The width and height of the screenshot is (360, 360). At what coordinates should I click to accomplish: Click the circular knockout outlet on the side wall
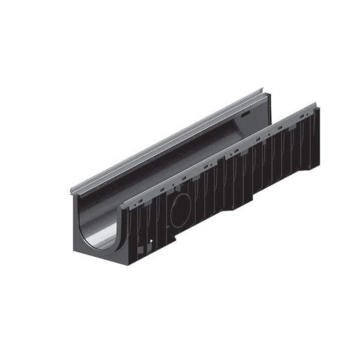(x=181, y=211)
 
